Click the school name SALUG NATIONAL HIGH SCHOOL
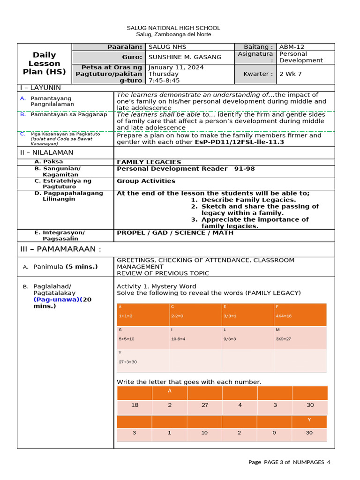[173, 28]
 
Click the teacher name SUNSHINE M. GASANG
[185, 57]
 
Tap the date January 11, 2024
[170, 67]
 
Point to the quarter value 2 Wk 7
[291, 74]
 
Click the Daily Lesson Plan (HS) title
[45, 63]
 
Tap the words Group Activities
[146, 181]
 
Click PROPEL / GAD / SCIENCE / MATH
[175, 233]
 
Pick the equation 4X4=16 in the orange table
[284, 316]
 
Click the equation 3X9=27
[283, 339]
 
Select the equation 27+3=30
[128, 362]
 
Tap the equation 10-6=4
[178, 339]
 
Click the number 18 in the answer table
[135, 405]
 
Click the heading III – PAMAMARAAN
[60, 249]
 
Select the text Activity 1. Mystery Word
[157, 286]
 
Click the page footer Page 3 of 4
[289, 462]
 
